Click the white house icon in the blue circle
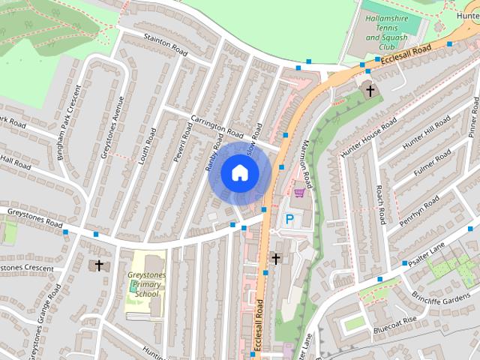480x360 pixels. click(x=239, y=172)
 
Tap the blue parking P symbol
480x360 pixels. click(x=289, y=220)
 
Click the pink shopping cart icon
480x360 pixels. click(x=300, y=192)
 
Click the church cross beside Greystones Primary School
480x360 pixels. click(x=98, y=265)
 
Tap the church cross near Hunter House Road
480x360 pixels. click(x=370, y=91)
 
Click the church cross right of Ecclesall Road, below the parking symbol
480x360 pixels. click(x=276, y=259)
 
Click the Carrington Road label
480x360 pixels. click(x=217, y=127)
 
